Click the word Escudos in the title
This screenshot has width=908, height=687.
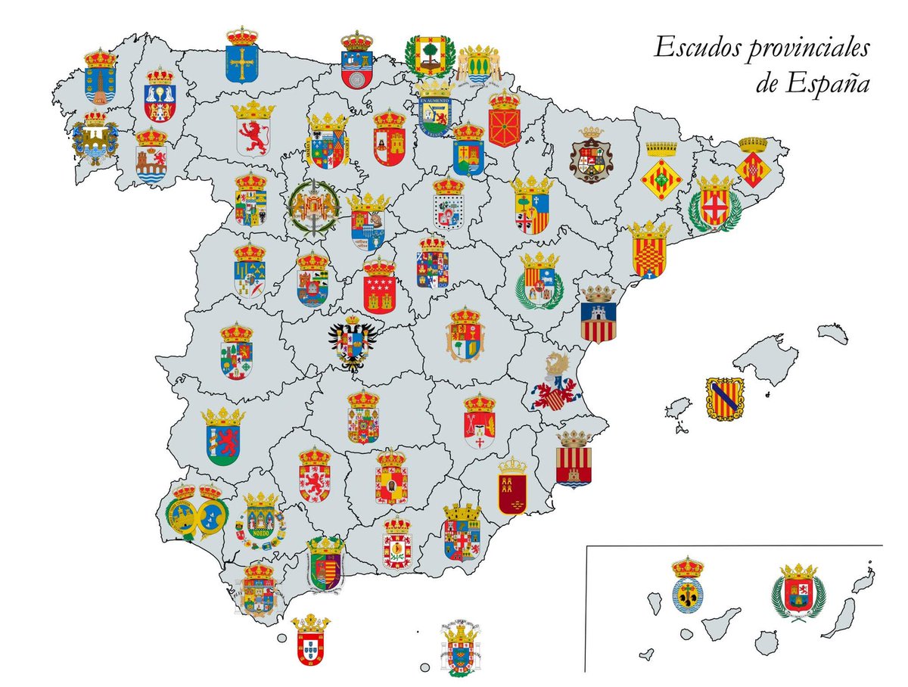pos(695,48)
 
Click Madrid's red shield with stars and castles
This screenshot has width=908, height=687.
pos(379,287)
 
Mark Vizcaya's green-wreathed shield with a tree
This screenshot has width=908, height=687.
pos(429,55)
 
